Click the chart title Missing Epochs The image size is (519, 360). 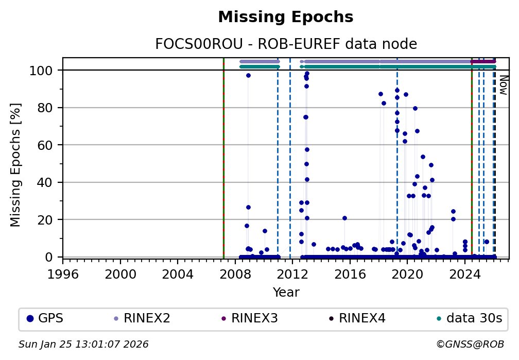[x=286, y=18]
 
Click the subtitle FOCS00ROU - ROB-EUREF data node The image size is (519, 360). [x=286, y=44]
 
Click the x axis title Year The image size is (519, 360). [x=286, y=293]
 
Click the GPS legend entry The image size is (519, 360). [x=45, y=318]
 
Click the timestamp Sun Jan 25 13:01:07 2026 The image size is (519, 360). [x=83, y=345]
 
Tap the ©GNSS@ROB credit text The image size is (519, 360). [x=470, y=345]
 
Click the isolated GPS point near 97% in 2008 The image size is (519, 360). [x=248, y=76]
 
